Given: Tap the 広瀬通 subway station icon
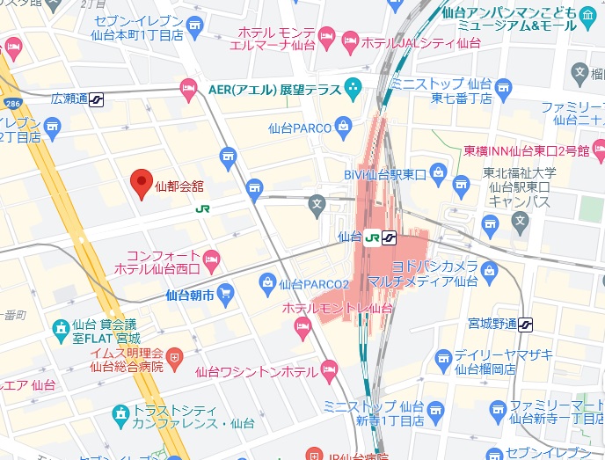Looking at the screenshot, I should tap(96, 99).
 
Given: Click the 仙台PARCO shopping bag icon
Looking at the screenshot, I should tap(343, 128).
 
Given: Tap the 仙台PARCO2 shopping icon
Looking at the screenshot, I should tap(267, 282).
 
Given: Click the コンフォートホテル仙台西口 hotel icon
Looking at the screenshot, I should tap(211, 258).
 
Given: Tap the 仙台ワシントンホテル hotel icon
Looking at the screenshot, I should tap(329, 370).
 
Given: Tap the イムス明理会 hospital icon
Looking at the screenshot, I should tap(175, 358).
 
